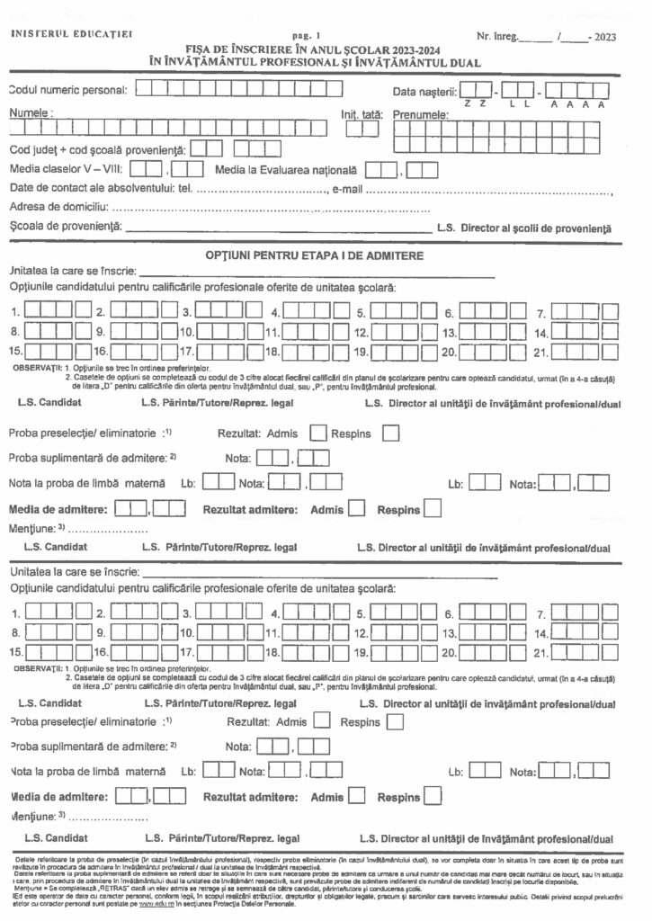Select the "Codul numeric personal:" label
tap(67, 89)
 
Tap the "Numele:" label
tap(31, 113)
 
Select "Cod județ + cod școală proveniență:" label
tap(97, 148)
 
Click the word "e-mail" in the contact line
tap(346, 189)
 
